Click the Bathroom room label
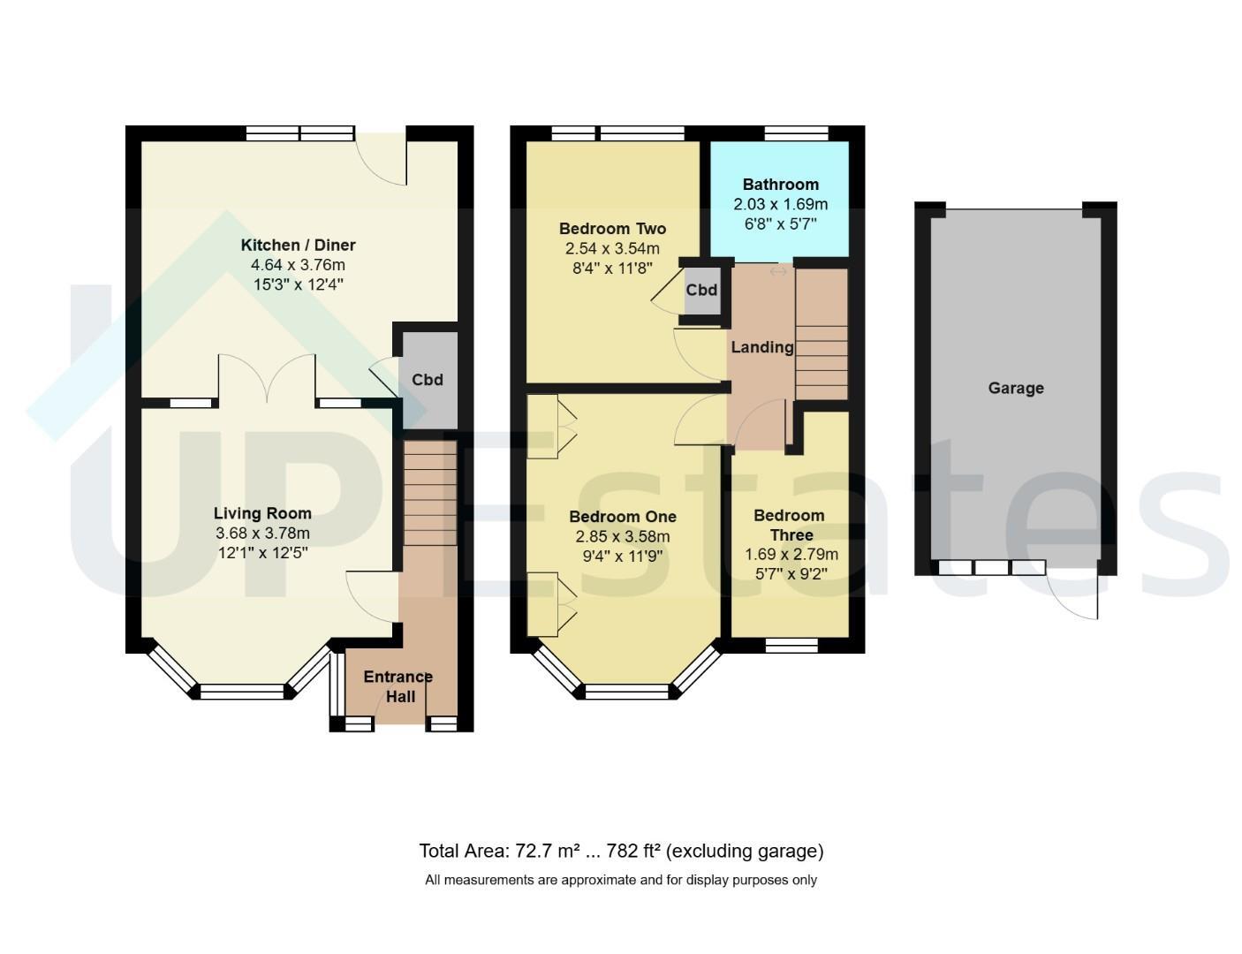(780, 185)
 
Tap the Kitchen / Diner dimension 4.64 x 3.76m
(298, 265)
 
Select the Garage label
(1016, 389)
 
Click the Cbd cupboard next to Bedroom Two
(702, 291)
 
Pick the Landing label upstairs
(761, 347)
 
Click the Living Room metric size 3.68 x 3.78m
(262, 534)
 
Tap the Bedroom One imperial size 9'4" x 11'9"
(623, 556)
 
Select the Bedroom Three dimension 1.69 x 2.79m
(791, 554)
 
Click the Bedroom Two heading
(612, 229)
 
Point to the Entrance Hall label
(398, 686)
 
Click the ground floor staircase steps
(430, 492)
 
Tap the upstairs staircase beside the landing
(822, 334)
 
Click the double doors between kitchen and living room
(267, 379)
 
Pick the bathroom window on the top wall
(796, 133)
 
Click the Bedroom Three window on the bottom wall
(791, 646)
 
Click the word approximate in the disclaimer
(598, 881)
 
